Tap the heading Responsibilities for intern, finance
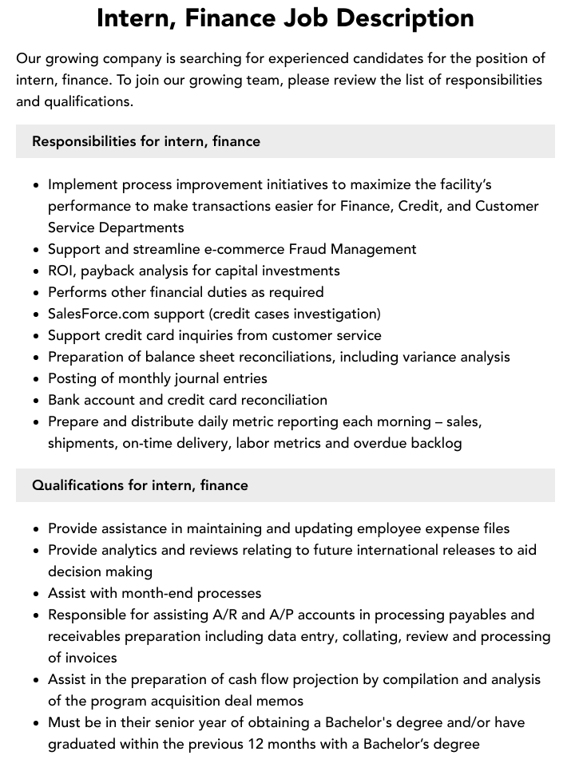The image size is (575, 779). [146, 141]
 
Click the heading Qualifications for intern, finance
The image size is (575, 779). [140, 485]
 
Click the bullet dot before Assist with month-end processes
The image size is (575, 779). [37, 594]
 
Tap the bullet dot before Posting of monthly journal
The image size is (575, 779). [37, 379]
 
